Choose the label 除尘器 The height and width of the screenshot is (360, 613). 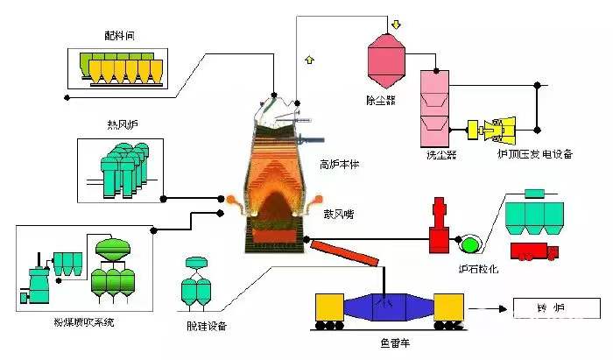pos(381,100)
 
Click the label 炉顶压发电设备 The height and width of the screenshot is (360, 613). pos(533,155)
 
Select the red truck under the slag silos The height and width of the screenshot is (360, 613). pos(534,251)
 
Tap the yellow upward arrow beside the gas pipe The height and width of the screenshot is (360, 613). pos(308,60)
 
